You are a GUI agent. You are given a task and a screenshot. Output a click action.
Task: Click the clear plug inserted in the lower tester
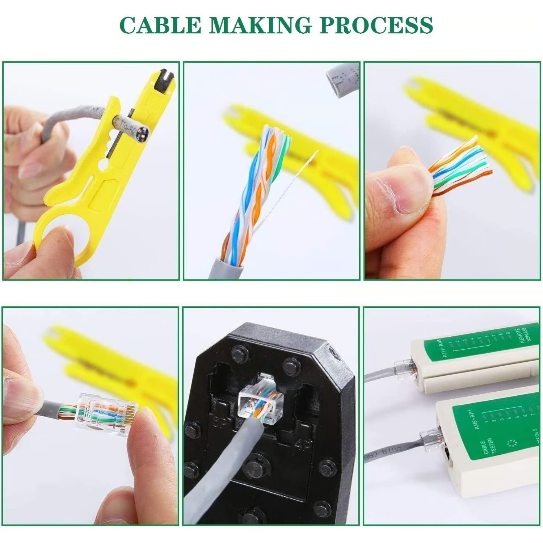429,439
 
